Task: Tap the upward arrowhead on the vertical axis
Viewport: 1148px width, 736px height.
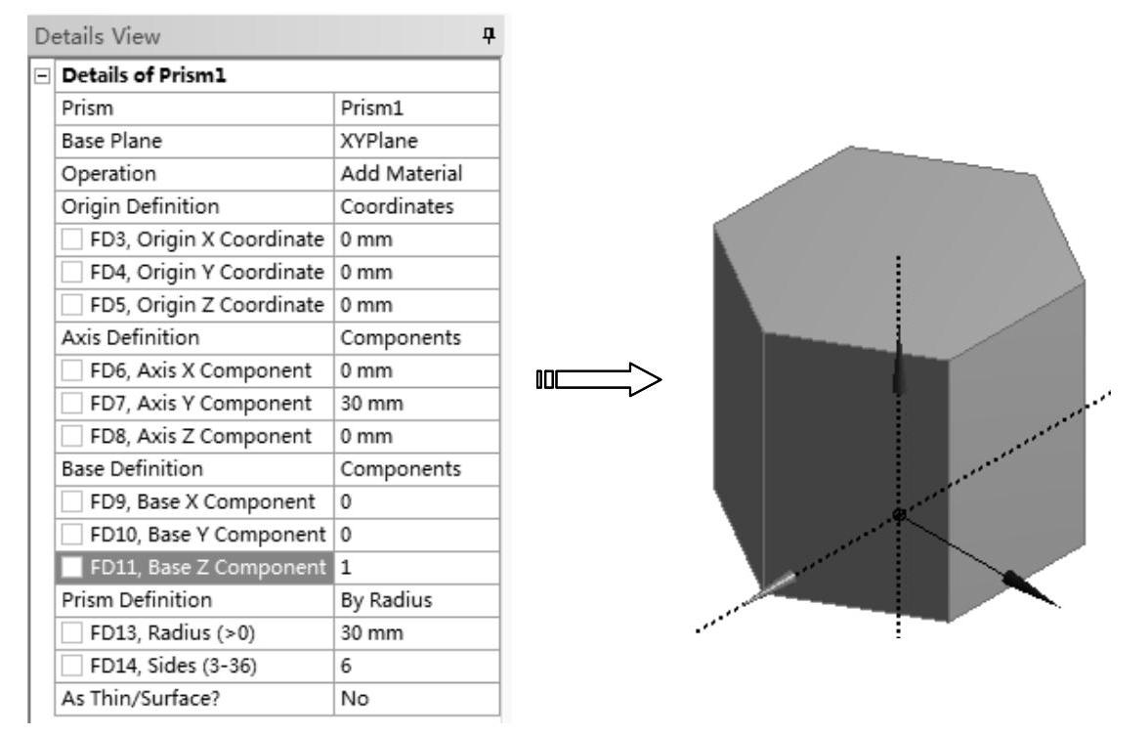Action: pyautogui.click(x=897, y=369)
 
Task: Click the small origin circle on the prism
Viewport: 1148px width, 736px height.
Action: pyautogui.click(x=899, y=515)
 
